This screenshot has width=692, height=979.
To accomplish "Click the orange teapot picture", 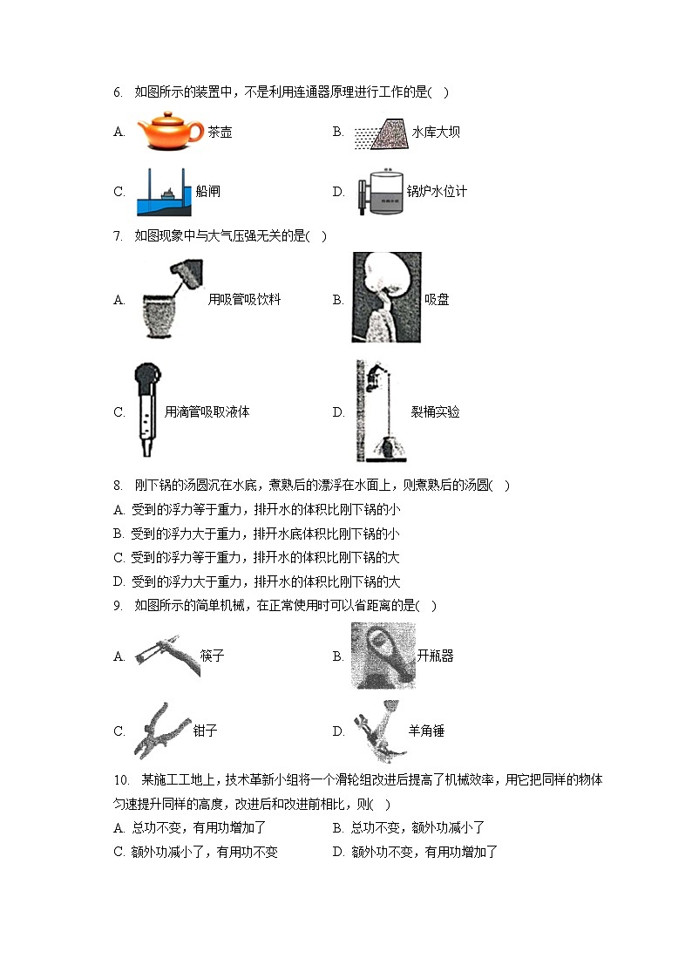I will pyautogui.click(x=170, y=130).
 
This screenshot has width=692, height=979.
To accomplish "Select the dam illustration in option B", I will pyautogui.click(x=377, y=132).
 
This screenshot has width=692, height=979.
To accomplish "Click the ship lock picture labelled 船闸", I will pyautogui.click(x=164, y=191).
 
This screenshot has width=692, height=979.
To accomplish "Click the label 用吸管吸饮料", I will pyautogui.click(x=244, y=300).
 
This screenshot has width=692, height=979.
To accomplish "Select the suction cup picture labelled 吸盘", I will pyautogui.click(x=386, y=297).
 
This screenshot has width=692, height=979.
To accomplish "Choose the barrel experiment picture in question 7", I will pyautogui.click(x=377, y=411).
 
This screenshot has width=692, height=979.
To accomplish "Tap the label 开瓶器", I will pyautogui.click(x=435, y=656).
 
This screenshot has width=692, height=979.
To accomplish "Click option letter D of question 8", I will pyautogui.click(x=119, y=581).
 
